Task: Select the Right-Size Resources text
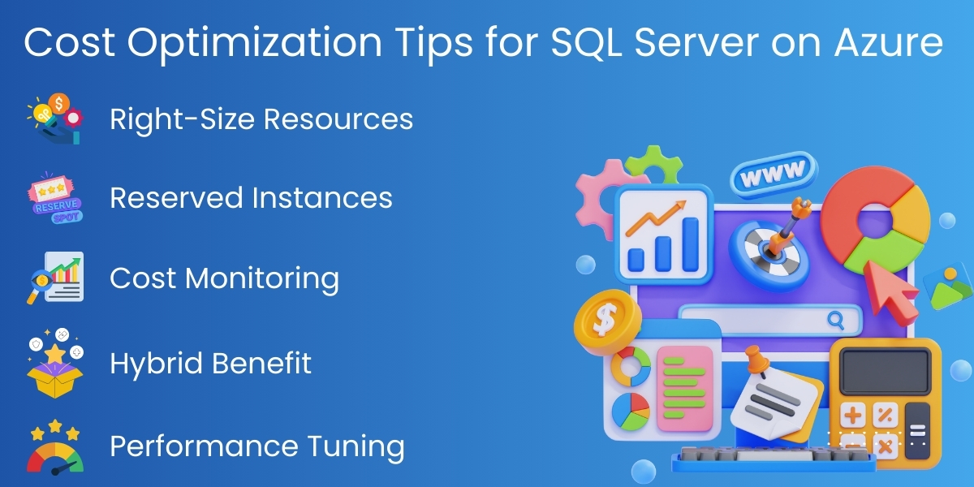pos(261,119)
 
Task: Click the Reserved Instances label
pos(251,197)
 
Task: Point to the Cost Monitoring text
pos(224,278)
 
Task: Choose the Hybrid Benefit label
pos(210,363)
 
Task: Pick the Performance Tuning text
pos(256,446)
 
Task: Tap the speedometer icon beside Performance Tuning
pos(54,447)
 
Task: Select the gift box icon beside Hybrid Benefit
pos(54,364)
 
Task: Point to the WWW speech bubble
pos(771,172)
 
